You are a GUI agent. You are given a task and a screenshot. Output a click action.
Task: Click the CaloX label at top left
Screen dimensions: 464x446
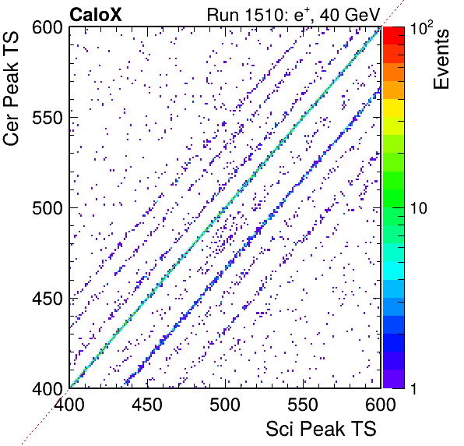click(x=96, y=15)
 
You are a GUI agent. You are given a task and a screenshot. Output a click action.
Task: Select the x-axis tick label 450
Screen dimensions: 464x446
click(x=147, y=404)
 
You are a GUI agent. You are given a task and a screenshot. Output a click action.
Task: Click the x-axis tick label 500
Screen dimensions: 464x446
click(x=225, y=404)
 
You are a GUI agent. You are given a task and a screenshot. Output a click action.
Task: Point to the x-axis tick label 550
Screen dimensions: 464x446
click(x=303, y=404)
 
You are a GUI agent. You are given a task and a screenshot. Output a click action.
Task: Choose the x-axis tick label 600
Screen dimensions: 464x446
click(x=381, y=404)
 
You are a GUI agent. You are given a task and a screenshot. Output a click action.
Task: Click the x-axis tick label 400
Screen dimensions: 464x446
click(x=69, y=404)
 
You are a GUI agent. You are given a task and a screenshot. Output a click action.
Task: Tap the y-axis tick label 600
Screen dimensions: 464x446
click(x=47, y=28)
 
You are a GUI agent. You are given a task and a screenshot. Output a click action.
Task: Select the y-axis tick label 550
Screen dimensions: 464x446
click(x=47, y=119)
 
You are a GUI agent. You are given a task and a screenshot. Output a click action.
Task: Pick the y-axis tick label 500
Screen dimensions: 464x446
click(x=47, y=208)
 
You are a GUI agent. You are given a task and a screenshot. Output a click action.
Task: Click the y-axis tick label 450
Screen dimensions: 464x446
click(x=47, y=299)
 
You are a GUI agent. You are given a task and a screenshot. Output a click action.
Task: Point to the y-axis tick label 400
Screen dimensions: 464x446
click(x=47, y=388)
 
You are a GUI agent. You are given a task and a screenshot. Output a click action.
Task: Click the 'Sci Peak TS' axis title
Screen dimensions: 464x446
click(x=321, y=429)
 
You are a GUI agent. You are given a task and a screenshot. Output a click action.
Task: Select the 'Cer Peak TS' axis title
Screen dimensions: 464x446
click(x=11, y=88)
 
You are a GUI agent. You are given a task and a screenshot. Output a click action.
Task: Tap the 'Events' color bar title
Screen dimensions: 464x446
click(x=441, y=59)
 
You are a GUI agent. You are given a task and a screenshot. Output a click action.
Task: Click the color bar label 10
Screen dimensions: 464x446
click(x=419, y=208)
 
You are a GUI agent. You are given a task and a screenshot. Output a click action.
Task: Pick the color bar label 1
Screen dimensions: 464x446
click(x=414, y=388)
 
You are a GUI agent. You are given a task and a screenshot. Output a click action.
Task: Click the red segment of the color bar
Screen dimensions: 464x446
click(x=394, y=36)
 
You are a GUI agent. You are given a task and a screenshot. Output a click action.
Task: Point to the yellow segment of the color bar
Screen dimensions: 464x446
click(x=394, y=108)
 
